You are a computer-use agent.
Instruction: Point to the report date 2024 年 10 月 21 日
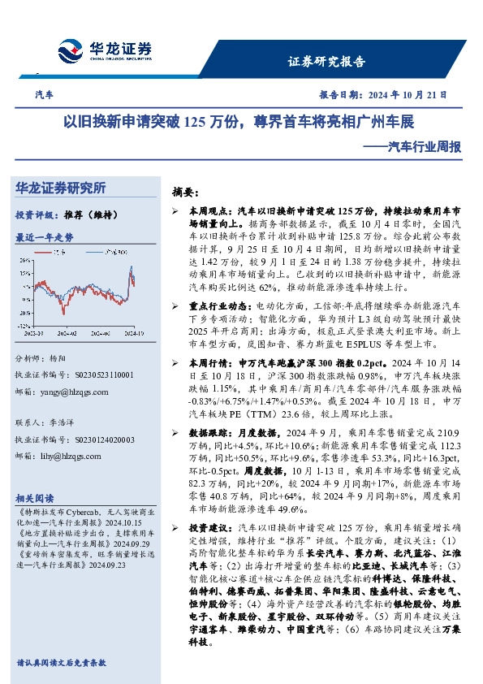click(x=403, y=94)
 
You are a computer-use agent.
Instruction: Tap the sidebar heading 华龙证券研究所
click(x=60, y=188)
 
